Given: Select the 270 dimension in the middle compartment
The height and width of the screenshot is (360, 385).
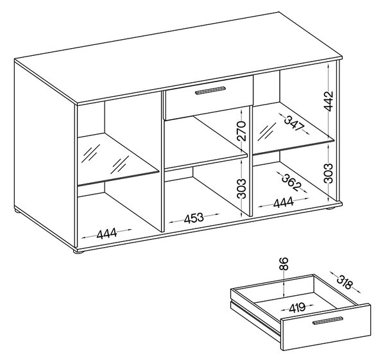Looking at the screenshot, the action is [x=242, y=131].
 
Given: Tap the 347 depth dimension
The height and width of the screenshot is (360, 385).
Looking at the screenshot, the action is [x=294, y=123].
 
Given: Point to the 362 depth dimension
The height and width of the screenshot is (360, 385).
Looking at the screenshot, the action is [x=291, y=182].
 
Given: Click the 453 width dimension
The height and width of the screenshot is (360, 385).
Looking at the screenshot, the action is [x=194, y=218].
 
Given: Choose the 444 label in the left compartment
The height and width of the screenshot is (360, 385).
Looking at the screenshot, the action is [x=107, y=234].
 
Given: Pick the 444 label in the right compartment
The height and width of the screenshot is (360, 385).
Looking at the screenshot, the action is [x=284, y=203].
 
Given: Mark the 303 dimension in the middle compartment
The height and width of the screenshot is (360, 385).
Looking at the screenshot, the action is [x=242, y=189].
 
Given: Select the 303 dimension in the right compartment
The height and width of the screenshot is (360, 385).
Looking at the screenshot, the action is [x=328, y=173].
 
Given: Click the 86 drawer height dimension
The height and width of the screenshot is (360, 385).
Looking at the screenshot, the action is [x=284, y=264].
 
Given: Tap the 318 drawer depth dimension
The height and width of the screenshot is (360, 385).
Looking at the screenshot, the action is [x=344, y=282].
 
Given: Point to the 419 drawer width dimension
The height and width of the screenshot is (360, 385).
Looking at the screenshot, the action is [x=297, y=307].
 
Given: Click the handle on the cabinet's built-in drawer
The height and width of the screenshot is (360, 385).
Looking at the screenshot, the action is [x=210, y=90].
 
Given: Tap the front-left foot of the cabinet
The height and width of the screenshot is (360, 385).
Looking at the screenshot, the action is [x=79, y=252].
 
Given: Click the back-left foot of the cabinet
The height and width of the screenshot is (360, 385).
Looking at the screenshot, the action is [x=17, y=210].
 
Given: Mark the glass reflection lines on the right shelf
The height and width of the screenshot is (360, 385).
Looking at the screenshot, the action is [x=267, y=131].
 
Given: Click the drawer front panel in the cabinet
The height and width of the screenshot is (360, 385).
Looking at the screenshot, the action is [x=209, y=98].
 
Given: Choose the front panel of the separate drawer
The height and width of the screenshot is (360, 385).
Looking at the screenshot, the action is [x=326, y=327].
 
